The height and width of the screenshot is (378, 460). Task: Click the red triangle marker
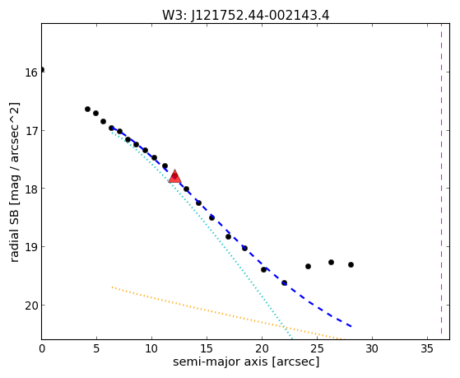click(174, 176)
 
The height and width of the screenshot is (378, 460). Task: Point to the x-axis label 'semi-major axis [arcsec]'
click(246, 362)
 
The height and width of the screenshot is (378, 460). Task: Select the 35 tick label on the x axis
click(427, 349)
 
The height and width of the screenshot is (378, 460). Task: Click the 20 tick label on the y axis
click(31, 306)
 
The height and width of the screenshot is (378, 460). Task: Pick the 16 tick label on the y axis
click(31, 72)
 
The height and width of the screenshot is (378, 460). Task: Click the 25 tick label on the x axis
click(317, 349)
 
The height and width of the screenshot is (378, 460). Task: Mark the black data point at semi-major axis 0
click(42, 70)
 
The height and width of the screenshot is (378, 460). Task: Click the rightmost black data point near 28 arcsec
click(351, 264)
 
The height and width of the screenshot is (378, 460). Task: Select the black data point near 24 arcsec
click(308, 266)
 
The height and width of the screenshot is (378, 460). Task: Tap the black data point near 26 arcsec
click(331, 262)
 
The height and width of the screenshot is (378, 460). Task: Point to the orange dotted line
click(226, 314)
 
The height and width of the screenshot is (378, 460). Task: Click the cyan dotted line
click(202, 235)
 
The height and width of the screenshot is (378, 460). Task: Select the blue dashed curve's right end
click(351, 326)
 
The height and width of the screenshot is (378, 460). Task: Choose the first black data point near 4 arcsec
click(87, 109)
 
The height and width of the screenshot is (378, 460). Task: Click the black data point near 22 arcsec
click(284, 282)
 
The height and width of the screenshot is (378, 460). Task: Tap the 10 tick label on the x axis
click(151, 349)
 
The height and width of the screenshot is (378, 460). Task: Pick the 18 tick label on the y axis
click(31, 189)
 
